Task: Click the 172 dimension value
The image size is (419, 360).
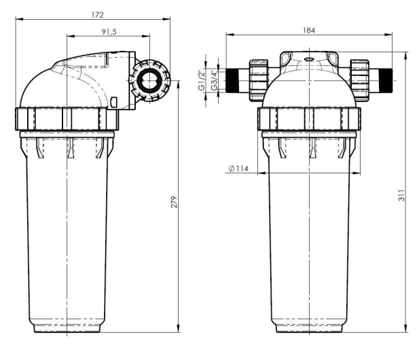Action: coord(97,15)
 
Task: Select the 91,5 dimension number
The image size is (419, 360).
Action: coord(109,32)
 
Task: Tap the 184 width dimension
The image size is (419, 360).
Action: coord(308,30)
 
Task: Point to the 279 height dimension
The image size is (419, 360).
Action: coord(175,202)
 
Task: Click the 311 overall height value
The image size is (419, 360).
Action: coord(401,196)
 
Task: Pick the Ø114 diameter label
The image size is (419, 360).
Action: coord(238,168)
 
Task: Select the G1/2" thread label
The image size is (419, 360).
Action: coord(202,80)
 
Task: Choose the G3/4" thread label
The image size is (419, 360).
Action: coord(215,80)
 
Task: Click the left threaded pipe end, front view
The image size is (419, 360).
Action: coord(232,80)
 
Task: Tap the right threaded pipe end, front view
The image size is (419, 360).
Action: coord(386,80)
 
